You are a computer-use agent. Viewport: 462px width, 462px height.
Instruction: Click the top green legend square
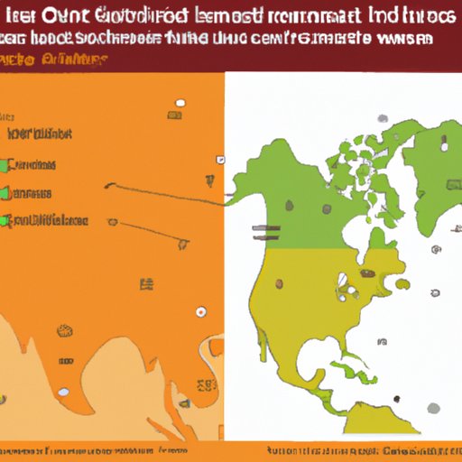pos(5,166)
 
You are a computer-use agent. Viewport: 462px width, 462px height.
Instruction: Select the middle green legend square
pos(5,194)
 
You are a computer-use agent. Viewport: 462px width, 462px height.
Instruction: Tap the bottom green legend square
pos(5,221)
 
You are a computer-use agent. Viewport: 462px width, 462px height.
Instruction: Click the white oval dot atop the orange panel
pos(180,103)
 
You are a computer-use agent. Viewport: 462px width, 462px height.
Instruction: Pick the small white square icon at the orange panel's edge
pos(220,160)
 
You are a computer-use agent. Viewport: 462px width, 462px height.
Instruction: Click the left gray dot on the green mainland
pos(289,206)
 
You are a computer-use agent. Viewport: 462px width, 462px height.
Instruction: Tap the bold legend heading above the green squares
pos(40,134)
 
